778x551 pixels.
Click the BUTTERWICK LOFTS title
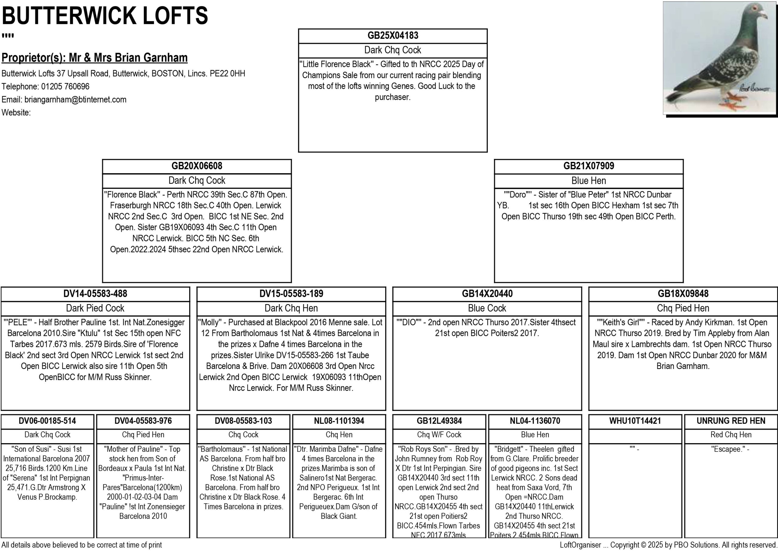[105, 16]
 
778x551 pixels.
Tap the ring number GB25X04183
[393, 36]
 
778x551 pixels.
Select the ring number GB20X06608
[197, 166]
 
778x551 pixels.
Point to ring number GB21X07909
[589, 166]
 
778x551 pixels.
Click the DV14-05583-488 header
[95, 293]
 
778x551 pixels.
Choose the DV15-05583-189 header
[291, 293]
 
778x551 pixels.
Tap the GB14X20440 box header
[487, 293]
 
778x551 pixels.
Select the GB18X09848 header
[683, 293]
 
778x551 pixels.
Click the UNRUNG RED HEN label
[731, 421]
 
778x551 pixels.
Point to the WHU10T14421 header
[635, 421]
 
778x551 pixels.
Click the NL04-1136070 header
[535, 421]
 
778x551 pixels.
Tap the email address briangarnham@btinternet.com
[75, 100]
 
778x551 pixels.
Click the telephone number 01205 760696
[65, 87]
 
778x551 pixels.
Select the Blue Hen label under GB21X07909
[589, 180]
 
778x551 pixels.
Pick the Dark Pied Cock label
[95, 308]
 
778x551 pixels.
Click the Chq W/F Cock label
[439, 435]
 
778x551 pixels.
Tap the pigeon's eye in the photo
[754, 7]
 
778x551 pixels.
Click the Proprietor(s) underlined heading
[95, 58]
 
